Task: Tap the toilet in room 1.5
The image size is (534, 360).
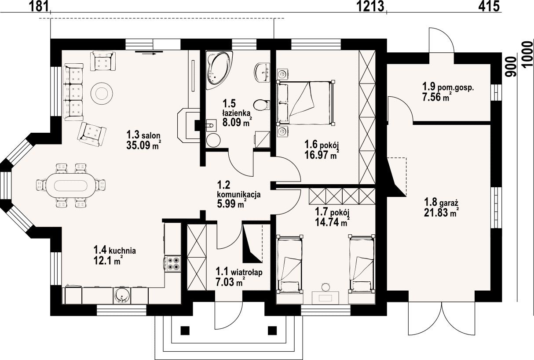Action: click(x=261, y=105)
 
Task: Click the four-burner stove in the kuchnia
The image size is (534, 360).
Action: click(x=173, y=264)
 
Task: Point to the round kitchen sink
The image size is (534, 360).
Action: click(x=122, y=296)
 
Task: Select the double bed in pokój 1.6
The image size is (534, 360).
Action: click(x=306, y=103)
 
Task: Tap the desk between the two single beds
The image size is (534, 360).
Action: click(x=326, y=298)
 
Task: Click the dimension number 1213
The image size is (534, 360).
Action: click(x=370, y=6)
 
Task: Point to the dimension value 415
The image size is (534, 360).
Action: click(x=489, y=6)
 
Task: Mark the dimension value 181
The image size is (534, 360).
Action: click(x=39, y=6)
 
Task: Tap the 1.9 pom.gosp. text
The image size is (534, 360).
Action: click(x=448, y=87)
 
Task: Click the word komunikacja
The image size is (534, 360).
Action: click(x=239, y=195)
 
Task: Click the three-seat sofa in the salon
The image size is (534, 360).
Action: click(x=73, y=92)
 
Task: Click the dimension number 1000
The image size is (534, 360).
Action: click(x=527, y=55)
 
